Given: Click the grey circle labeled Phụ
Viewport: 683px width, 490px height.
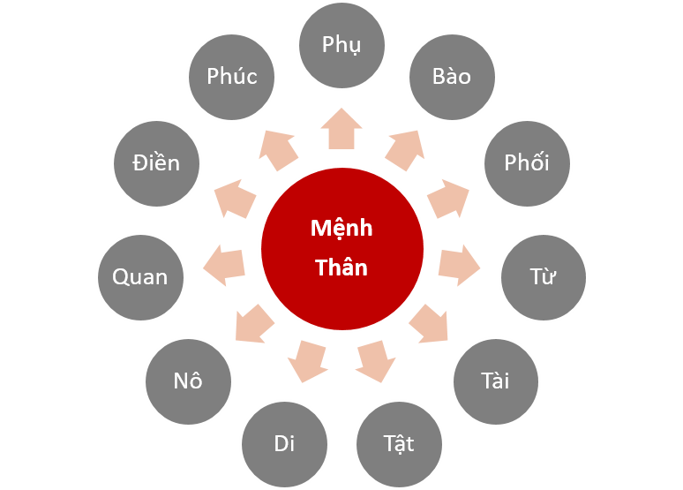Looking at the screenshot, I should click(341, 45).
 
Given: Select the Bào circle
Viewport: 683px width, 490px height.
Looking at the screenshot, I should click(452, 76).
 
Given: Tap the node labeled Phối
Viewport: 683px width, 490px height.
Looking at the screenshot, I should click(527, 163).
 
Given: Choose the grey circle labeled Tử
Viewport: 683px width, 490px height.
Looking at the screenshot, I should click(544, 276).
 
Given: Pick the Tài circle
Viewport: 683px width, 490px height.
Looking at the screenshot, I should click(496, 382).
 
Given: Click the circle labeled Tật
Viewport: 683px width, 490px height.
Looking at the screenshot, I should click(398, 442).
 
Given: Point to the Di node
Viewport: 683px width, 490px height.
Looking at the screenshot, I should click(284, 443).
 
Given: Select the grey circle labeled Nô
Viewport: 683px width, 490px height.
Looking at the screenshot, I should click(188, 381).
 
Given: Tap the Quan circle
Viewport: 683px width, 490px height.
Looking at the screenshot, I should click(139, 277).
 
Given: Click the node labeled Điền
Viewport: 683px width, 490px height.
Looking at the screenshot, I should click(157, 163).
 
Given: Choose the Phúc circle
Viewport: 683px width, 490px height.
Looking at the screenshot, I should click(232, 77).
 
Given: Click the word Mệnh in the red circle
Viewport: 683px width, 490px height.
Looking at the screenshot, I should click(341, 229).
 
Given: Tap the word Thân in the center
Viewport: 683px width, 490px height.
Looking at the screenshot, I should click(341, 268).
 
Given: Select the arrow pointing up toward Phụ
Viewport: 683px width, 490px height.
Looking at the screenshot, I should click(341, 130).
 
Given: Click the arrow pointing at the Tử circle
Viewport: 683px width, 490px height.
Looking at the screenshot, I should click(459, 265).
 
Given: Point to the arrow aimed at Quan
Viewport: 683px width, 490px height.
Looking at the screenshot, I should click(224, 265).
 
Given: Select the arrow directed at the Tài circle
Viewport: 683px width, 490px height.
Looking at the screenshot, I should click(430, 324).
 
